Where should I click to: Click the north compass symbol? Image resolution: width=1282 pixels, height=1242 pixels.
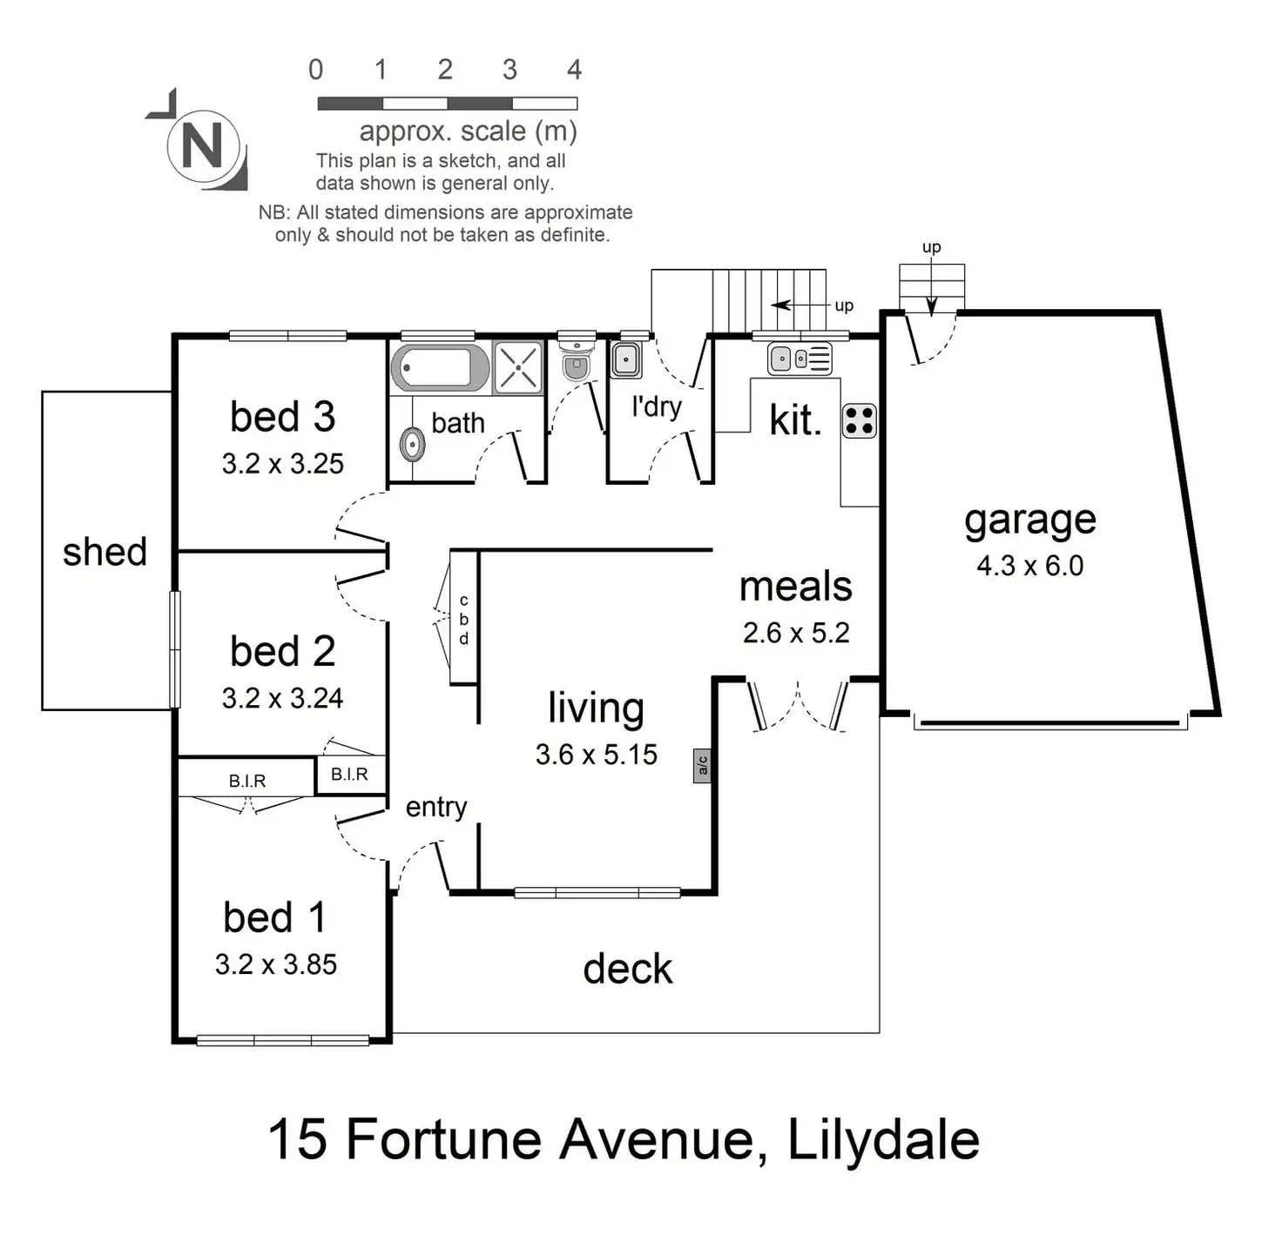(x=202, y=144)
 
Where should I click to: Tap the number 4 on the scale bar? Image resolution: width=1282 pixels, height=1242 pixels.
(x=574, y=70)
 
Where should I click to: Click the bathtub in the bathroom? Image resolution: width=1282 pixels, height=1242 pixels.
(x=441, y=367)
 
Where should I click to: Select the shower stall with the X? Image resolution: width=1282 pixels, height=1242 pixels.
(x=518, y=366)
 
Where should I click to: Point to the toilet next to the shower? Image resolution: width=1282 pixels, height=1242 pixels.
(x=576, y=365)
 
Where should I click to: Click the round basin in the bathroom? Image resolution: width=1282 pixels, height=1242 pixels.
(x=412, y=445)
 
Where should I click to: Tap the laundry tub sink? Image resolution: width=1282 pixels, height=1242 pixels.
(x=624, y=359)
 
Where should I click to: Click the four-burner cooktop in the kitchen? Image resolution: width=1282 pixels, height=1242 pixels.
(x=860, y=420)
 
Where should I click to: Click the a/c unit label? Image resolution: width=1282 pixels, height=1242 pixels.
(x=702, y=766)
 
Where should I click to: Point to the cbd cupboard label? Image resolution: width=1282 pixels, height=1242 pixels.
(x=464, y=619)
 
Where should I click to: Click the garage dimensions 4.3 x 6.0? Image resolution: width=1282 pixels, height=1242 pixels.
(x=1029, y=566)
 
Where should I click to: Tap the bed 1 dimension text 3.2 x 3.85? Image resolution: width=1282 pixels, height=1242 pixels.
(x=275, y=964)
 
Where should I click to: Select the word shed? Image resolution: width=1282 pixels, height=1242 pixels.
(x=105, y=552)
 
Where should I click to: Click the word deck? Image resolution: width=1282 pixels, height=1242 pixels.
(x=627, y=969)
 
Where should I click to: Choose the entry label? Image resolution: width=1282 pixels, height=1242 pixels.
(x=436, y=807)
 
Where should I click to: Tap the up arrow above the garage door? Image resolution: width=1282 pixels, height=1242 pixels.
(x=931, y=300)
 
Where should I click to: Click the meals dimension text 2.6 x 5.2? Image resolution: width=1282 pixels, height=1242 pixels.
(x=796, y=633)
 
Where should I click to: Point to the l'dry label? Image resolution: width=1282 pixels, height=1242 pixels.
(x=657, y=406)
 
